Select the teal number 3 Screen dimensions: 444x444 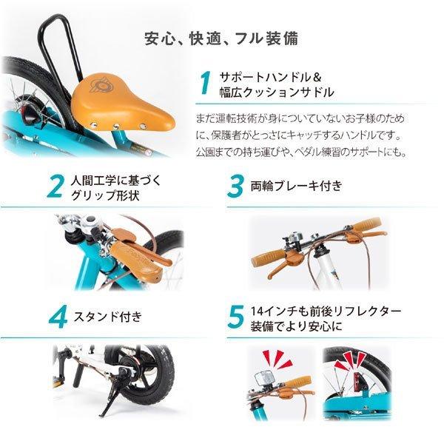click(236, 187)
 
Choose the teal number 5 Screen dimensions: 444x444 click(236, 316)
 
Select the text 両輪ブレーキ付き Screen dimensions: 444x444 click(296, 186)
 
